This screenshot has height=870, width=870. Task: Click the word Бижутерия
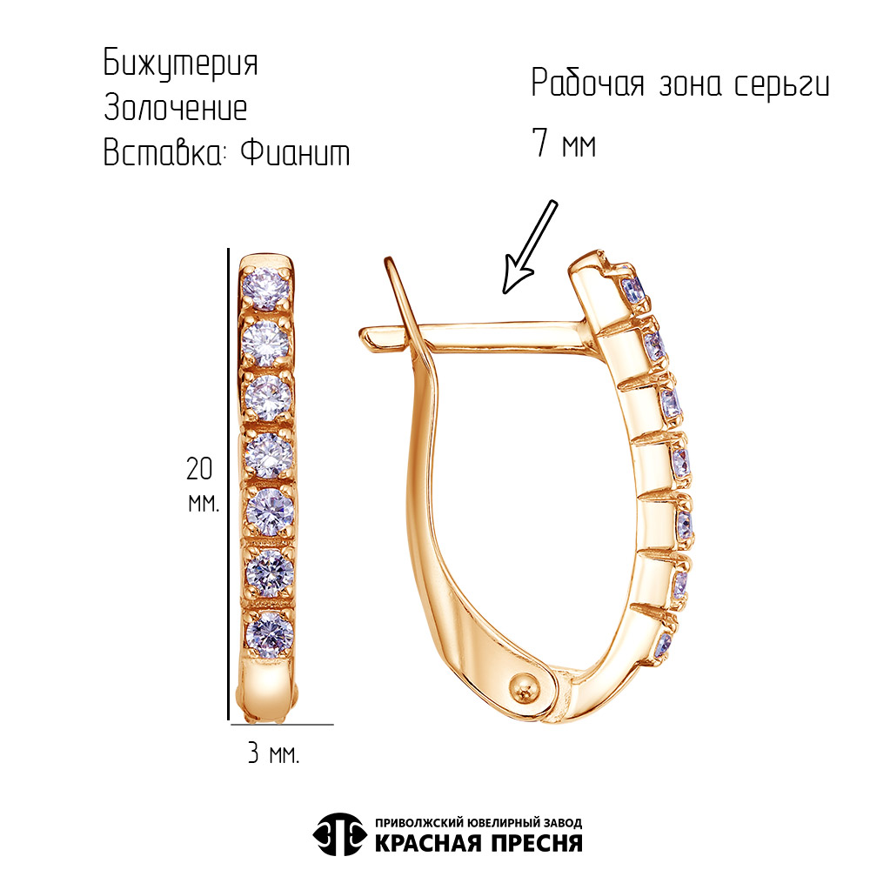(x=181, y=64)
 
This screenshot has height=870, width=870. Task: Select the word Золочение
(x=176, y=107)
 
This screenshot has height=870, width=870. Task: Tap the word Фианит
(x=295, y=152)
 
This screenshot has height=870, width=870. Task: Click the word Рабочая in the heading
(x=588, y=84)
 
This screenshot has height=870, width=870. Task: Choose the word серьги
(x=782, y=86)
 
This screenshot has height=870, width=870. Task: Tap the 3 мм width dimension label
(x=273, y=753)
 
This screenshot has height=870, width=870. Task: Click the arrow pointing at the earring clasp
(x=529, y=247)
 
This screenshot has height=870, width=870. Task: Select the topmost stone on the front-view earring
(x=267, y=288)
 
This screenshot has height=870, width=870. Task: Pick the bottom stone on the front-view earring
(x=269, y=635)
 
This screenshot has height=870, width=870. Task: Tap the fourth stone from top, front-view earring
(x=269, y=456)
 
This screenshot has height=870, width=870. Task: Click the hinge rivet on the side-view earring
(x=525, y=689)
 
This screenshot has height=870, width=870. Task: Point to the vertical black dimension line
(x=228, y=484)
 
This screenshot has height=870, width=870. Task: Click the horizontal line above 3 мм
(x=282, y=724)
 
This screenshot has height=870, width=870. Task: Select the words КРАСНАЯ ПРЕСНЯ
(x=478, y=843)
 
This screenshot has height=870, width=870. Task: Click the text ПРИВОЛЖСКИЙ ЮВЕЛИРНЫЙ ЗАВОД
(x=478, y=822)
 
